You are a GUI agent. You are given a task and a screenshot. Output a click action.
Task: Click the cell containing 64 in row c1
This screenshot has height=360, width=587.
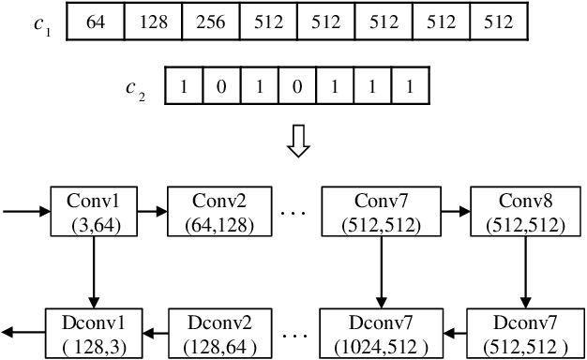click(95, 22)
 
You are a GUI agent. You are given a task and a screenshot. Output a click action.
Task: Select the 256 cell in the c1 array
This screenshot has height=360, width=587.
click(210, 22)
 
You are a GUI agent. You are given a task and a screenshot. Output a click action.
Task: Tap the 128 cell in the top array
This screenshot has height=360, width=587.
click(153, 22)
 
